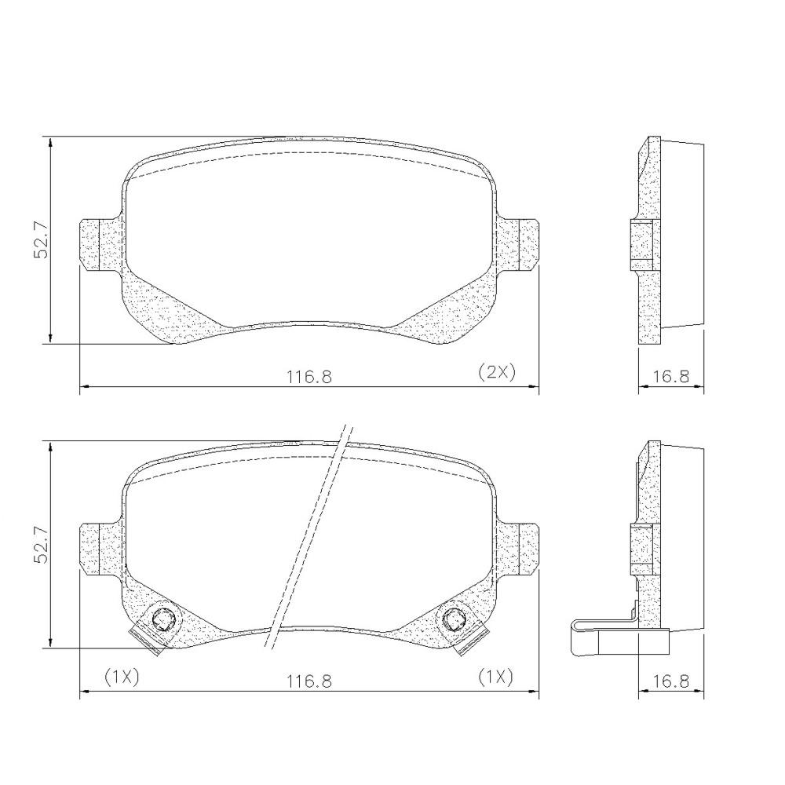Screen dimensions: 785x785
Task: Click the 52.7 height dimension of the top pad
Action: click(x=41, y=239)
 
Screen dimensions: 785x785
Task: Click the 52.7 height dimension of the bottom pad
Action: click(x=41, y=545)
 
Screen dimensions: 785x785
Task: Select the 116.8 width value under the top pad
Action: click(x=309, y=376)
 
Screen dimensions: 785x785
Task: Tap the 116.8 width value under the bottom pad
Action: click(x=309, y=681)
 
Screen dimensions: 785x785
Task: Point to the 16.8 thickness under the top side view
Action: click(x=671, y=376)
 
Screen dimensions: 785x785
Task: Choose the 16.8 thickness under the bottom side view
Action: click(x=671, y=681)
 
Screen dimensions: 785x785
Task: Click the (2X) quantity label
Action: click(x=496, y=372)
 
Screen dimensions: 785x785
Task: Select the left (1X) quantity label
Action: click(x=122, y=677)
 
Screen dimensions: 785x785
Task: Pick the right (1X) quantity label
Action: click(x=495, y=677)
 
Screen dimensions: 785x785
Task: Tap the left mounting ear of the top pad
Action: click(x=100, y=245)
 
